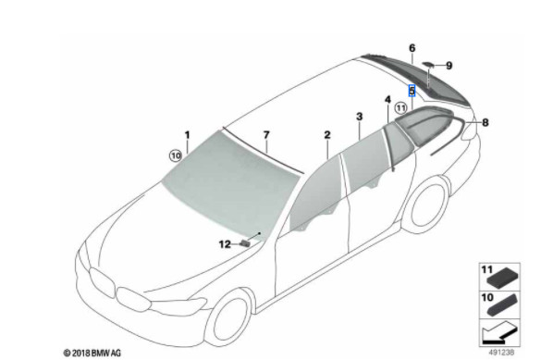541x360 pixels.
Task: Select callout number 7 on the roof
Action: (265, 135)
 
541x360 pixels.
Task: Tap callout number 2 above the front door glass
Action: (326, 135)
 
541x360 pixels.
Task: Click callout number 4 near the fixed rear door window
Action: (387, 97)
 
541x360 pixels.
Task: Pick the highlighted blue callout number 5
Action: (412, 91)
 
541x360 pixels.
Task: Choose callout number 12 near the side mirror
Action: (224, 244)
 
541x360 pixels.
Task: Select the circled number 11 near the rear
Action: (400, 108)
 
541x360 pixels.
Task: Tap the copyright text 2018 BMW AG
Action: (92, 353)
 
